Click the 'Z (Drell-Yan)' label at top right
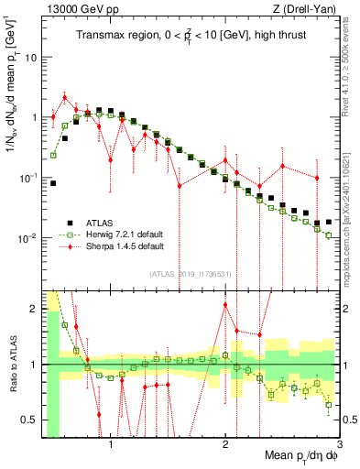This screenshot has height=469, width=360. pyautogui.click(x=305, y=8)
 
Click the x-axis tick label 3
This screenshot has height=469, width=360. pyautogui.click(x=340, y=445)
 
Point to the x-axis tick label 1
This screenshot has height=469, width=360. pyautogui.click(x=111, y=445)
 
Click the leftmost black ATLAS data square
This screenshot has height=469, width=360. pyautogui.click(x=53, y=183)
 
